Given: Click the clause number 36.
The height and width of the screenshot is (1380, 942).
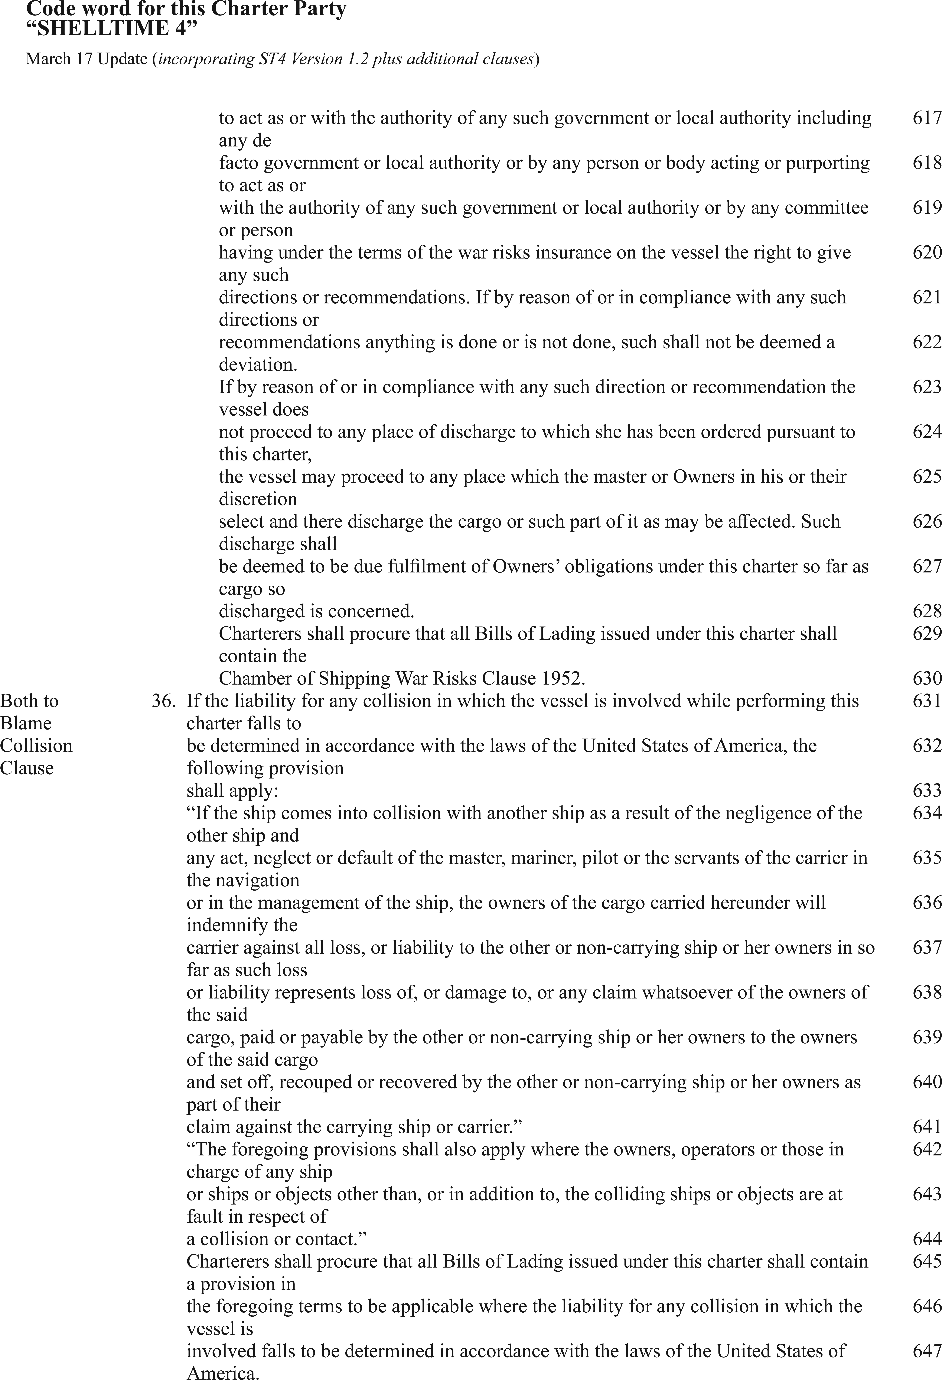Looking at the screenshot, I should (x=163, y=701).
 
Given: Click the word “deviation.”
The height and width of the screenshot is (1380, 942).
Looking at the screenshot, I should (x=258, y=365).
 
